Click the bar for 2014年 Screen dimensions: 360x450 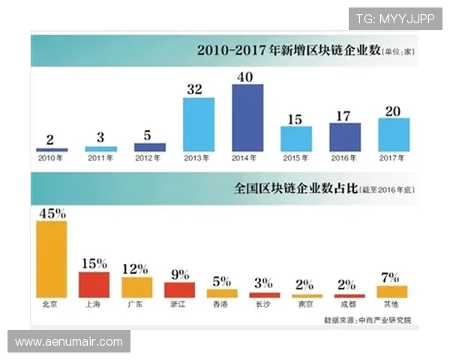point(247,118)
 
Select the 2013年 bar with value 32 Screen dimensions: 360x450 point(199,125)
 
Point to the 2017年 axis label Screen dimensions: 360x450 point(394,158)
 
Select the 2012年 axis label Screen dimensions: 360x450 point(150,158)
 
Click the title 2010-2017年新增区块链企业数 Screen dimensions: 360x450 point(288,51)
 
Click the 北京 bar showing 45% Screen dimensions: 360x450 point(52,259)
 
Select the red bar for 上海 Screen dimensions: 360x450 point(94,284)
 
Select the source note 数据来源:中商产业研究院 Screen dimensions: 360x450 point(372,320)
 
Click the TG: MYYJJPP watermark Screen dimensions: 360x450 point(394,19)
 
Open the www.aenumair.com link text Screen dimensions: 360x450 point(69,342)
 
